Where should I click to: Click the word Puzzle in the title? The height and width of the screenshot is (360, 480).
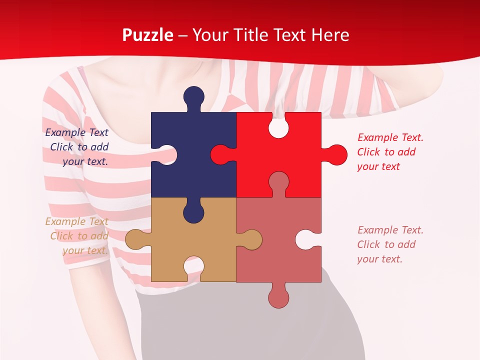[148, 35]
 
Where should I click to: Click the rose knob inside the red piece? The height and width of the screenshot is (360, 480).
[278, 182]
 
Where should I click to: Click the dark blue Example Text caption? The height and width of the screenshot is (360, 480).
[77, 147]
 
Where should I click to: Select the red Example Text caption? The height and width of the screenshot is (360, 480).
[390, 152]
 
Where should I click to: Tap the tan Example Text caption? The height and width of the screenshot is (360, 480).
[77, 236]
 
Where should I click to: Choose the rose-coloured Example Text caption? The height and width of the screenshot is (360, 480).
[390, 244]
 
